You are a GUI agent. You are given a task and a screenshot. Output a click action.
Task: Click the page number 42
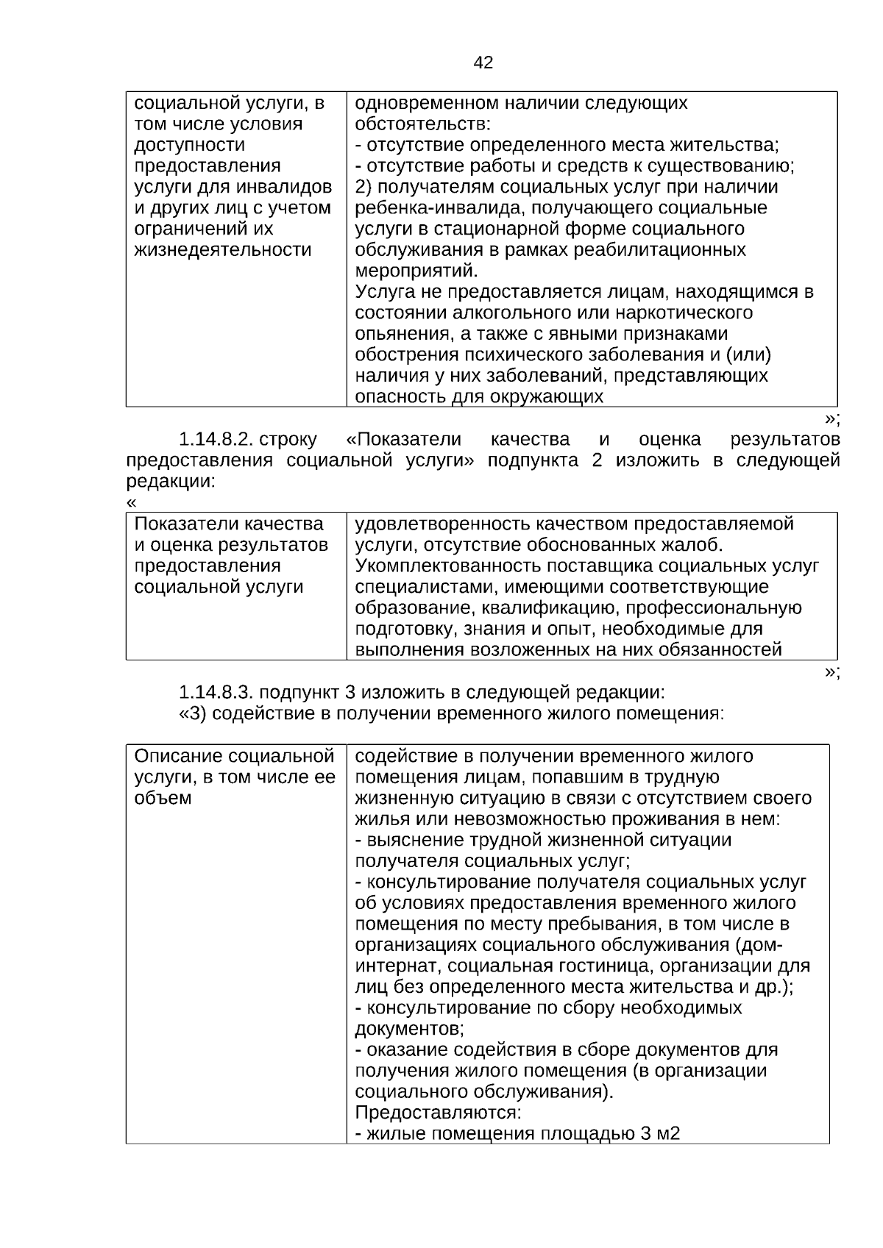click(483, 63)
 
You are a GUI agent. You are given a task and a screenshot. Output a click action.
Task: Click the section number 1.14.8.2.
click(216, 440)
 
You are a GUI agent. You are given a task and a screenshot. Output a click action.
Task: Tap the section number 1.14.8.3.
click(216, 692)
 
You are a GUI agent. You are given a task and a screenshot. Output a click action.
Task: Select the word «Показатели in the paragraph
click(403, 440)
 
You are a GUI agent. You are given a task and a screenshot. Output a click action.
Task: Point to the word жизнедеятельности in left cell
click(223, 250)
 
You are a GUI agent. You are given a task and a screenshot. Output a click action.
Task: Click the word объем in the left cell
click(163, 799)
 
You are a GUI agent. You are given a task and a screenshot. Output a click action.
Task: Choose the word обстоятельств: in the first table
click(422, 124)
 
